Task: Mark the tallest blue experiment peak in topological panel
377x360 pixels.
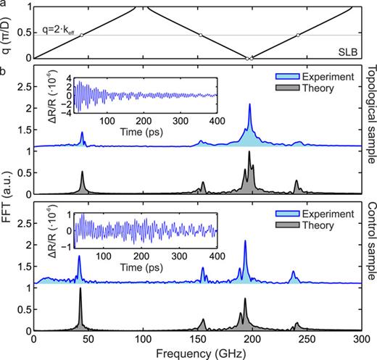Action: click(250, 106)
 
